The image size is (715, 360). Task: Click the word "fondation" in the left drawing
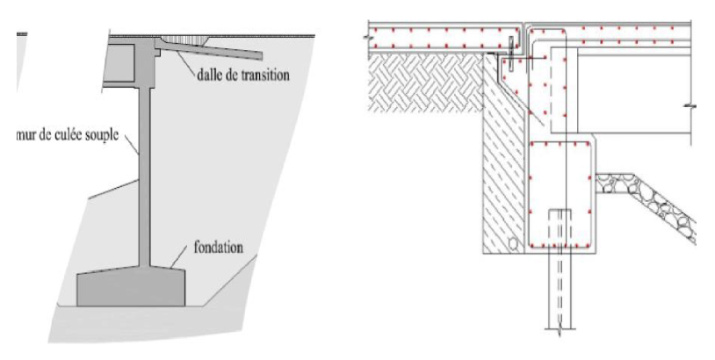219,248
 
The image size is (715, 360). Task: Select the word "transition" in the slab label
265,75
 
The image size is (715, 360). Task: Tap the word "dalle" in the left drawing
208,75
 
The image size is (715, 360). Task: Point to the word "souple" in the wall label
102,135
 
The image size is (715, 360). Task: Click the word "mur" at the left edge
26,135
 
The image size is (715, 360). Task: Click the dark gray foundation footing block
131,287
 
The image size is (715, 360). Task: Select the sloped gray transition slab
211,49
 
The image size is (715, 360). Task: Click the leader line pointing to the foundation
180,257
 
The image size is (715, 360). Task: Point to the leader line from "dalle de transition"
186,61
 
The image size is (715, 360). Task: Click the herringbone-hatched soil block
426,82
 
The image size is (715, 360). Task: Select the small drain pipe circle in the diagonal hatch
513,243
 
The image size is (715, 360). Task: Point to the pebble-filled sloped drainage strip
646,204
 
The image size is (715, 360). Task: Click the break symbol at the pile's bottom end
560,329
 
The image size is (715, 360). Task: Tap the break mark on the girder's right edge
690,106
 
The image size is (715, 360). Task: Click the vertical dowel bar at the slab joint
511,54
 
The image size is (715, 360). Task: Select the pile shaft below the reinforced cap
560,291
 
